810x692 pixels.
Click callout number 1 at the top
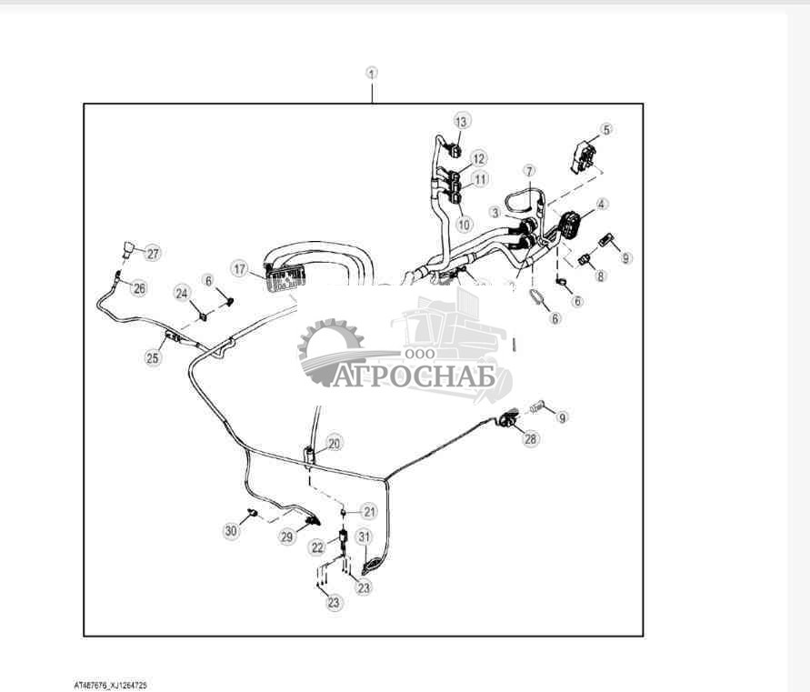372,73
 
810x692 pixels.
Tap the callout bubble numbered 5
606,129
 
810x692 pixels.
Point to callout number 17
239,268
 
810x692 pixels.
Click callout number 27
152,253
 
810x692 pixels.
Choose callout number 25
152,357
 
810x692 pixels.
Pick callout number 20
335,444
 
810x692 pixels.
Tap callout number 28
530,439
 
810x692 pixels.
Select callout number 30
231,529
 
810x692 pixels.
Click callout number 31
364,537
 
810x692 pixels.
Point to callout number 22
317,547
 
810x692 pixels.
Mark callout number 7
529,171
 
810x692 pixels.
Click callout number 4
603,205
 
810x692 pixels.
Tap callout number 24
183,293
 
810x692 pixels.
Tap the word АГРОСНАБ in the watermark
414,376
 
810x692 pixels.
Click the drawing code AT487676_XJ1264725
111,685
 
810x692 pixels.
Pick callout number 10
465,224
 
